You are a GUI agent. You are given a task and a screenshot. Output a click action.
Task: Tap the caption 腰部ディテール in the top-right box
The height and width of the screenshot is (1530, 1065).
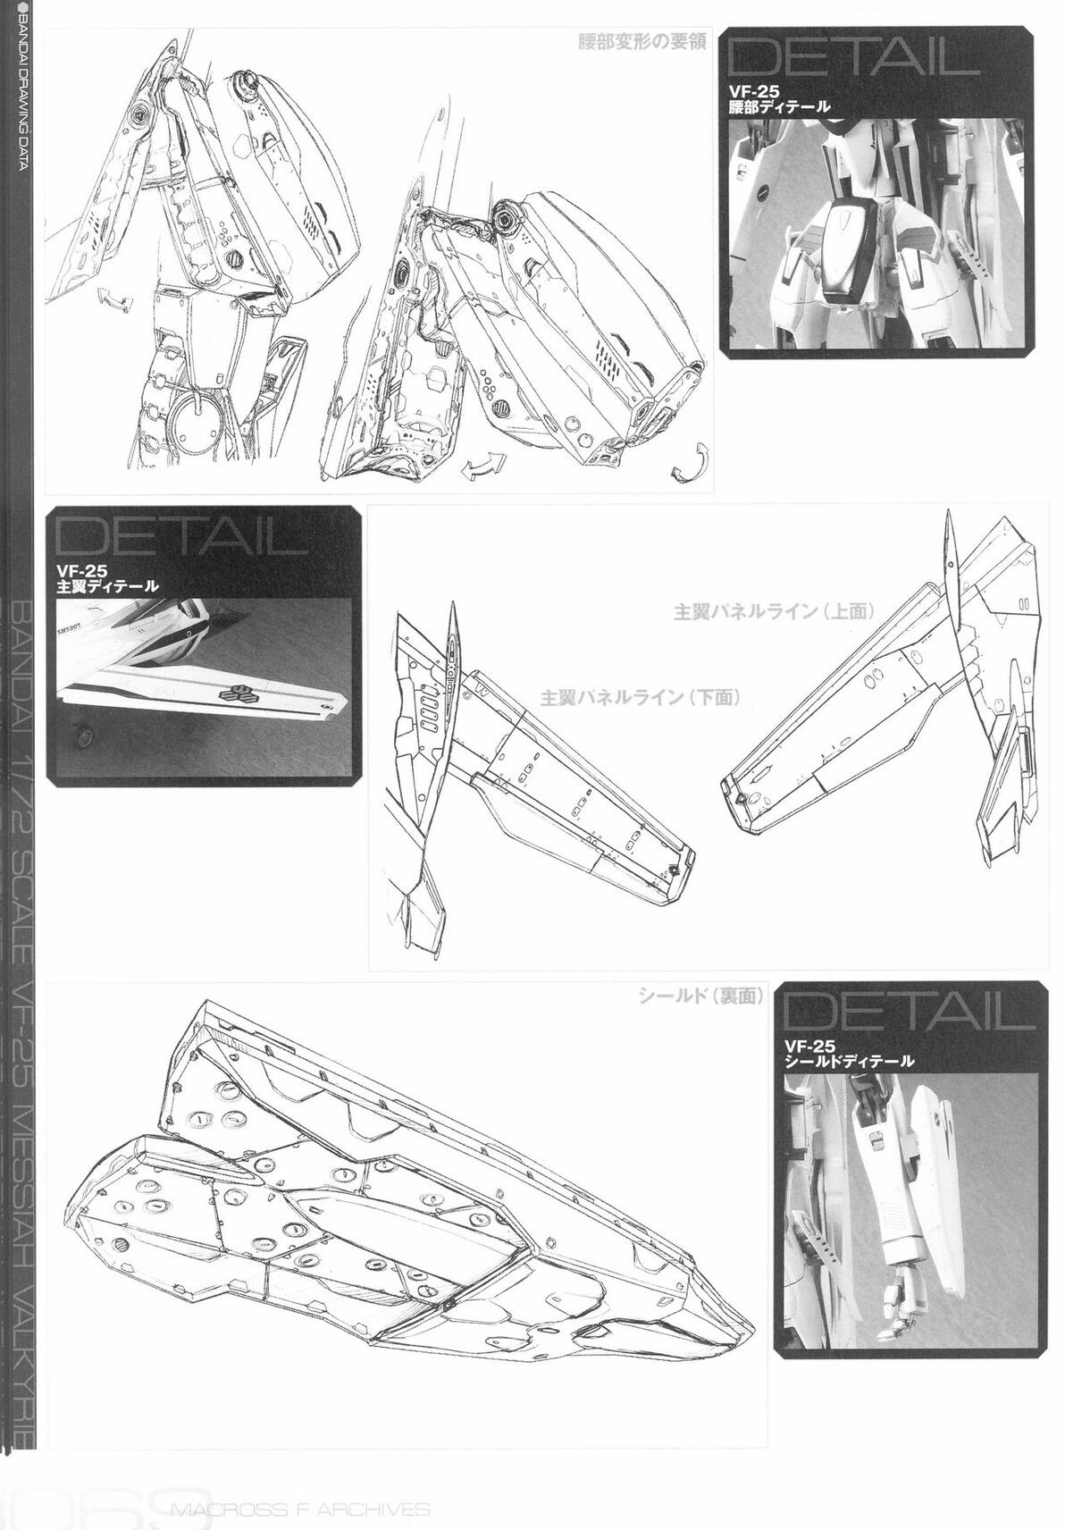[x=780, y=106]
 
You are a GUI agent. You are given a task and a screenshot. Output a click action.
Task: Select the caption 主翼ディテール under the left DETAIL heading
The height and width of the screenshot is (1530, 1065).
[x=107, y=586]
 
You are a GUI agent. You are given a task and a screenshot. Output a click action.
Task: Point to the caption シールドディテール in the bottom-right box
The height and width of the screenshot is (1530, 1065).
[x=848, y=1062]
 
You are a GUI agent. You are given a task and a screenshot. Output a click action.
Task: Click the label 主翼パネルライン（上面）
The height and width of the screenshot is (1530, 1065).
[x=774, y=612]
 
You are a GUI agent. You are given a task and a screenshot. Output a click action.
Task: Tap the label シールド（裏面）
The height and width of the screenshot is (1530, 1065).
[x=699, y=996]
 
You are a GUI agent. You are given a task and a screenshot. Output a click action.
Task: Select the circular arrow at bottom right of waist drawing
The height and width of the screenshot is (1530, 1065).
[x=691, y=461]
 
